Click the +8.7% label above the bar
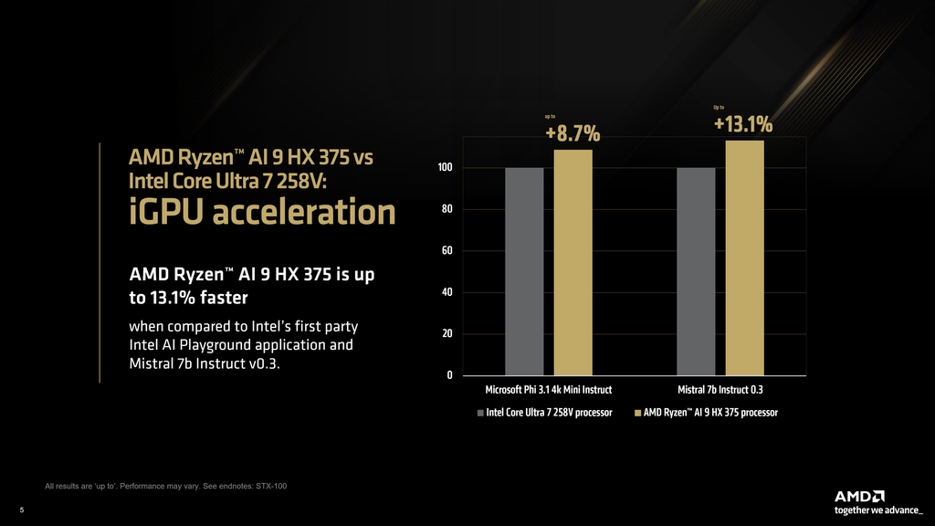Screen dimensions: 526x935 pos(573,134)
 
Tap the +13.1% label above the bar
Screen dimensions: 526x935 pos(743,124)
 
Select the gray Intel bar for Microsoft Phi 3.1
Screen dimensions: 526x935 pos(524,271)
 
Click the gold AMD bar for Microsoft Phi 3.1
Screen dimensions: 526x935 pos(573,262)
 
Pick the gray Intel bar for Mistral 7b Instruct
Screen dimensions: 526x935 pos(696,271)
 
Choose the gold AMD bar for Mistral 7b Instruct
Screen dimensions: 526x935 pos(744,258)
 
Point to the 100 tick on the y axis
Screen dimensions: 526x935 pos(446,168)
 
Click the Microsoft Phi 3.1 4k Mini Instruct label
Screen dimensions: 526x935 pos(548,390)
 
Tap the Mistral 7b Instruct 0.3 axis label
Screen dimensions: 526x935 pos(720,390)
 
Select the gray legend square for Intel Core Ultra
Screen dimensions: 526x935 pos(480,414)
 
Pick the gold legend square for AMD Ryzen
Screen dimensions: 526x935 pos(637,414)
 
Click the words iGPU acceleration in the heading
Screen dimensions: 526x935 pos(262,213)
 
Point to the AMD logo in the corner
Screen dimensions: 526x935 pos(858,496)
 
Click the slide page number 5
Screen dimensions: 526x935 pos(22,510)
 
